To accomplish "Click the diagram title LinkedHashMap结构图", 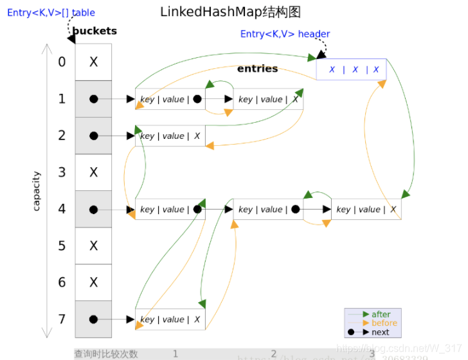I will (230, 12).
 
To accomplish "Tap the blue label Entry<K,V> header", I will (285, 33).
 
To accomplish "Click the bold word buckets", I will (94, 31).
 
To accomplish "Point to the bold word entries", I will (257, 68).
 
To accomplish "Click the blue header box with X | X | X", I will (351, 69).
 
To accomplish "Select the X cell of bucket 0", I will (93, 62).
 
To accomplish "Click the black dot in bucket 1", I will (93, 99).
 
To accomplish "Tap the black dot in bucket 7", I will (93, 319).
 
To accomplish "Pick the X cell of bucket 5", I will (93, 246).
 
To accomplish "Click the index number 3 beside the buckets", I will (62, 172).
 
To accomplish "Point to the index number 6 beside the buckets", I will (62, 282).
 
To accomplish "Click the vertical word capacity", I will (37, 191).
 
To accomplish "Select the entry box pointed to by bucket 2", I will (170, 136).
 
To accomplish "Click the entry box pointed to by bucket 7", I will (170, 319).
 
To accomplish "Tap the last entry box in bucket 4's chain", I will (366, 209).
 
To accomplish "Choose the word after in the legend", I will (381, 314).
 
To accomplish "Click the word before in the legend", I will (384, 323).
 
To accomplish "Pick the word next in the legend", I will (381, 332).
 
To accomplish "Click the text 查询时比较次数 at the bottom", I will (106, 354).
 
